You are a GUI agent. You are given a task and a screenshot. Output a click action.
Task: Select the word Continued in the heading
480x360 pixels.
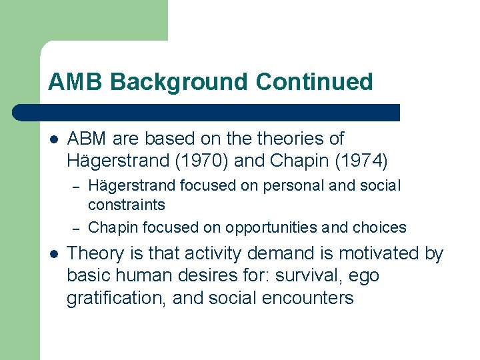(x=314, y=82)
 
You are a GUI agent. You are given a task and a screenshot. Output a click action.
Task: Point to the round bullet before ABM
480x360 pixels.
(x=53, y=139)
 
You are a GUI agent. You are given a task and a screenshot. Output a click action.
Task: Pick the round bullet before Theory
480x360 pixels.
(x=53, y=253)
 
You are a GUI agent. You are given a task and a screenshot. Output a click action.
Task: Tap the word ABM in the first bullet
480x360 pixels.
(x=87, y=139)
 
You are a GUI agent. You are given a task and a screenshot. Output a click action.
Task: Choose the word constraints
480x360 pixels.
(x=127, y=205)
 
